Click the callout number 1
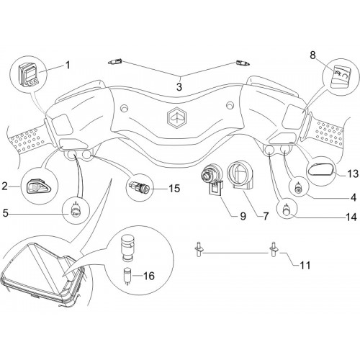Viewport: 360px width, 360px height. pos(68,65)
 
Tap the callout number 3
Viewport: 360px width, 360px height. pos(179,86)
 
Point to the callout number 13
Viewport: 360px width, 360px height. pos(353,174)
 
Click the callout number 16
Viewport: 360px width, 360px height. pos(148,276)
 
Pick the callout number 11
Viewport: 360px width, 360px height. pos(305,265)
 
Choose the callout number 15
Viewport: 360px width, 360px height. pos(174,189)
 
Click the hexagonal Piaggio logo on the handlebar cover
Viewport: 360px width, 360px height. pos(176,117)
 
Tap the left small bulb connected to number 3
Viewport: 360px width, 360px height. pos(115,61)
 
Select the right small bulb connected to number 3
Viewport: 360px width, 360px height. pos(243,63)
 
